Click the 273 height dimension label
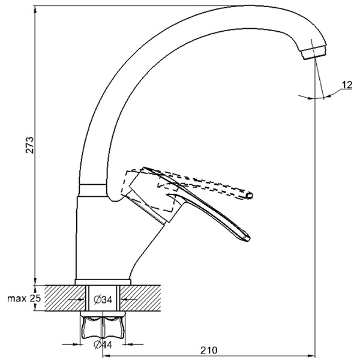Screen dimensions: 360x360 tap(29, 145)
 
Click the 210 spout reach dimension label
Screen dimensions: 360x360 tap(209, 350)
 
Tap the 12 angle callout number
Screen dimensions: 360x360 tap(347, 85)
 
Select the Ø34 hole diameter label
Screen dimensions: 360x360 tap(103, 299)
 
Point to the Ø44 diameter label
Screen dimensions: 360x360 tap(103, 344)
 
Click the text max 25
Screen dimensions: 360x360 tap(24, 298)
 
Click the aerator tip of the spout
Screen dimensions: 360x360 tap(314, 52)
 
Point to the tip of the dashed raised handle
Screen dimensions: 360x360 tap(250, 196)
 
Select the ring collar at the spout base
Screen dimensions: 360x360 tap(92, 190)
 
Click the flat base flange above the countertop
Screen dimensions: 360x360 tap(103, 282)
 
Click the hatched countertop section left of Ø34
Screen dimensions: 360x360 tap(65, 298)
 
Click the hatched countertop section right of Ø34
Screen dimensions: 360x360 tap(140, 298)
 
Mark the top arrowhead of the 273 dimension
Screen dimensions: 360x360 tap(35, 9)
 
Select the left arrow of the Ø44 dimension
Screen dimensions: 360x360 tap(72, 344)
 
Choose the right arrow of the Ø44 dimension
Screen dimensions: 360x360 tap(133, 344)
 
